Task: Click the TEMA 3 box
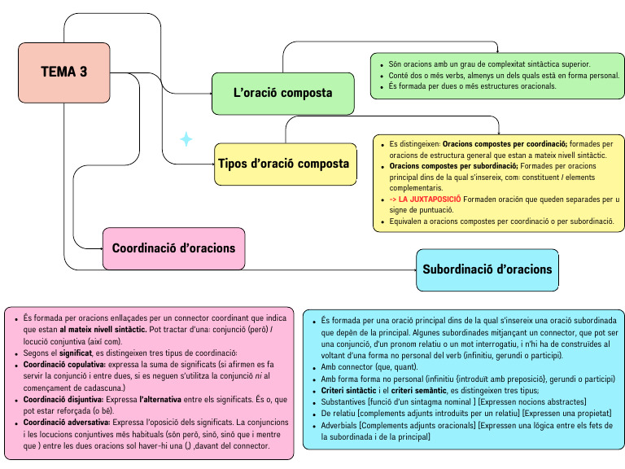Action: click(63, 72)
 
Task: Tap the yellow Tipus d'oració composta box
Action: click(284, 164)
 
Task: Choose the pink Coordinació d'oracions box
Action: click(173, 248)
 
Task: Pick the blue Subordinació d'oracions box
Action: click(487, 270)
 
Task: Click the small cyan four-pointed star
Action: click(186, 139)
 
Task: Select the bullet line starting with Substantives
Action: click(452, 402)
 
